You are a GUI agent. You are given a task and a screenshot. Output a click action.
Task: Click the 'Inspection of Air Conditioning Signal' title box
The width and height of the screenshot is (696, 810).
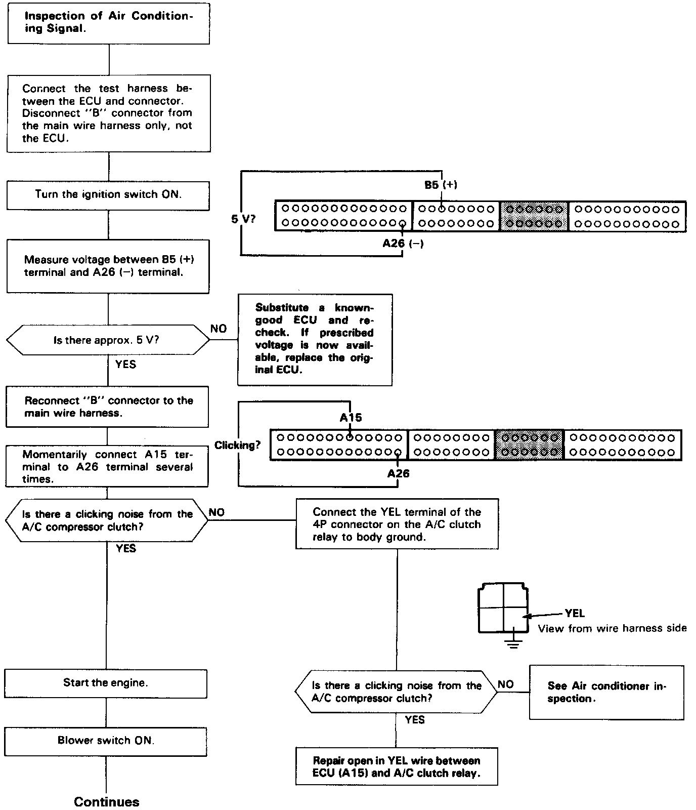tap(108, 23)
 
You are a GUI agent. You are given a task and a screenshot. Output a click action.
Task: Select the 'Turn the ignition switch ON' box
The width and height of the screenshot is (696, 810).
tap(108, 195)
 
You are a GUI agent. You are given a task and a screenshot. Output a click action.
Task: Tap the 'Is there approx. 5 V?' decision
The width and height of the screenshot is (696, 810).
tap(107, 340)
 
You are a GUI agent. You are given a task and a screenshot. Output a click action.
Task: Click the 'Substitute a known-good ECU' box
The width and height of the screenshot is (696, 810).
tap(315, 339)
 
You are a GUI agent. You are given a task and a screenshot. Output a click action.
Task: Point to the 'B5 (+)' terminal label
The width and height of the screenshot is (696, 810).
tap(441, 185)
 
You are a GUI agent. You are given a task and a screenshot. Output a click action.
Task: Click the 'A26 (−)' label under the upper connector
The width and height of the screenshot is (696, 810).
tap(403, 244)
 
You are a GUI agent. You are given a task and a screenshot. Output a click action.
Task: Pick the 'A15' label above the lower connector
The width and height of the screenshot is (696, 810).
tap(351, 418)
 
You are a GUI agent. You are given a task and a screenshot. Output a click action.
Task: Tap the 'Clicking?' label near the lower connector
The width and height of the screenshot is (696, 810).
tap(237, 445)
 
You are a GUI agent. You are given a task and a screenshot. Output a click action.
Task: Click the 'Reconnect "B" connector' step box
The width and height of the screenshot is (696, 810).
tap(107, 407)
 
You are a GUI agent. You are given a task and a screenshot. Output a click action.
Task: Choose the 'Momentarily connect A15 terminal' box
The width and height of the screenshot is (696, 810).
tap(107, 467)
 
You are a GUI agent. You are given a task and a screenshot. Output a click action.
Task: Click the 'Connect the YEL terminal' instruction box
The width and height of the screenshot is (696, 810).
tap(397, 524)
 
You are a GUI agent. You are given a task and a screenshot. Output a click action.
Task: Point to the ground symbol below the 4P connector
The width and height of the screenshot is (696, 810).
tap(513, 644)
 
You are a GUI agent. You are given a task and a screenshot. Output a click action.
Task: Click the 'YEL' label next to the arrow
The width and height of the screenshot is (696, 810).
tap(575, 614)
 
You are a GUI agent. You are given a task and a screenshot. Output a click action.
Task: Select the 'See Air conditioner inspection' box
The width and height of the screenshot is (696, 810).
tap(606, 693)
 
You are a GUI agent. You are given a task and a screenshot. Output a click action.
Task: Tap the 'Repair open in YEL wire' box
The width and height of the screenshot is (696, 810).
tap(397, 767)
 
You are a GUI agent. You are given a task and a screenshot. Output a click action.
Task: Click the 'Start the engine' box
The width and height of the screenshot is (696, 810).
tap(106, 683)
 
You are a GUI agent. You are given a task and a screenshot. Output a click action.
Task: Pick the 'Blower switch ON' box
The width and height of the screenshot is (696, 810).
tap(106, 741)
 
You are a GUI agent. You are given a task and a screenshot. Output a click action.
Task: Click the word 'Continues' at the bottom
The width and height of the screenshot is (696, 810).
tap(106, 802)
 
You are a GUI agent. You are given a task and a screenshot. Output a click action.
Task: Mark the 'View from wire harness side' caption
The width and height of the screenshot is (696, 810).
tap(612, 629)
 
